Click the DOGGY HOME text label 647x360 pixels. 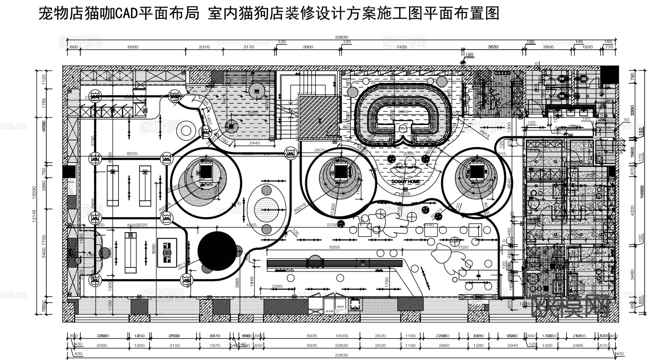click(405, 182)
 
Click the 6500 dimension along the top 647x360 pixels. click(133, 47)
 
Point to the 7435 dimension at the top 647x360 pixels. click(401, 47)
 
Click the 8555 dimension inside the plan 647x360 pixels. click(132, 154)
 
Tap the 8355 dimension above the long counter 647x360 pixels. click(334, 247)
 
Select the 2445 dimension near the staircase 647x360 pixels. click(254, 143)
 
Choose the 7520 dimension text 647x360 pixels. click(463, 247)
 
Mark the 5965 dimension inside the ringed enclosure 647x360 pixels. click(403, 112)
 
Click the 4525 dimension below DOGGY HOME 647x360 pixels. click(405, 194)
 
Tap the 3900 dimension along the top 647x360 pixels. click(308, 47)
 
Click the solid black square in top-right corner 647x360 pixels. click(610, 75)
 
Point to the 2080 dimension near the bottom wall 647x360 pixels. click(277, 287)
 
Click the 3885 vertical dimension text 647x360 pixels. click(237, 283)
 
